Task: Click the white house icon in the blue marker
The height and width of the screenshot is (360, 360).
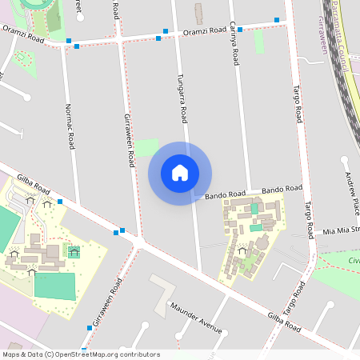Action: point(180,173)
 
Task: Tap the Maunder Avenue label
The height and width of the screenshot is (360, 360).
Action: point(195,317)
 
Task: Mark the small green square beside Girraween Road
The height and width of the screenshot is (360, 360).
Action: point(146,148)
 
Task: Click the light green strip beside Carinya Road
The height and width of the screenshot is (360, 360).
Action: point(258,42)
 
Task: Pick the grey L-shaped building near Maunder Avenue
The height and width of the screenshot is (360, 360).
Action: point(164,289)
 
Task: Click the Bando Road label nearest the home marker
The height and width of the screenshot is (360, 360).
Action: point(225,194)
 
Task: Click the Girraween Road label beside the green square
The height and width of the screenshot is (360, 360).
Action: point(128,139)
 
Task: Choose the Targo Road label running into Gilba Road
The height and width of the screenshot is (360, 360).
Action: point(294,296)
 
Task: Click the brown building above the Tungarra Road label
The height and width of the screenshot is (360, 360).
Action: point(198,13)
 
